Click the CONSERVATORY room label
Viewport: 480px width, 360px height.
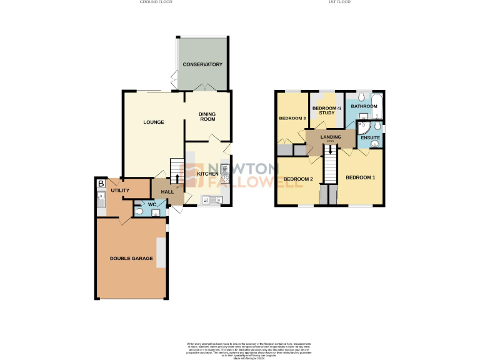202,64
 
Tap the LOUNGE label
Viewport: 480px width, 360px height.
153,122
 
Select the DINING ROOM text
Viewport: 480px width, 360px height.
207,116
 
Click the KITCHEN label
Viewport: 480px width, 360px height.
207,174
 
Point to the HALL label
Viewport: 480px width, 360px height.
167,192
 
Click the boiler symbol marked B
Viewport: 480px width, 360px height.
101,184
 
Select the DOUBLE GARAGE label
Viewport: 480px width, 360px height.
131,258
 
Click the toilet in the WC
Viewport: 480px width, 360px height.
139,212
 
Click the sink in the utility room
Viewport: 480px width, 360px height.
101,201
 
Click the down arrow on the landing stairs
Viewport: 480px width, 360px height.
330,150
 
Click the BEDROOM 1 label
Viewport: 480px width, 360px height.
361,177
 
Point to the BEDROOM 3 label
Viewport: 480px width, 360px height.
292,118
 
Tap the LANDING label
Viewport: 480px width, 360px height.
331,137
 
